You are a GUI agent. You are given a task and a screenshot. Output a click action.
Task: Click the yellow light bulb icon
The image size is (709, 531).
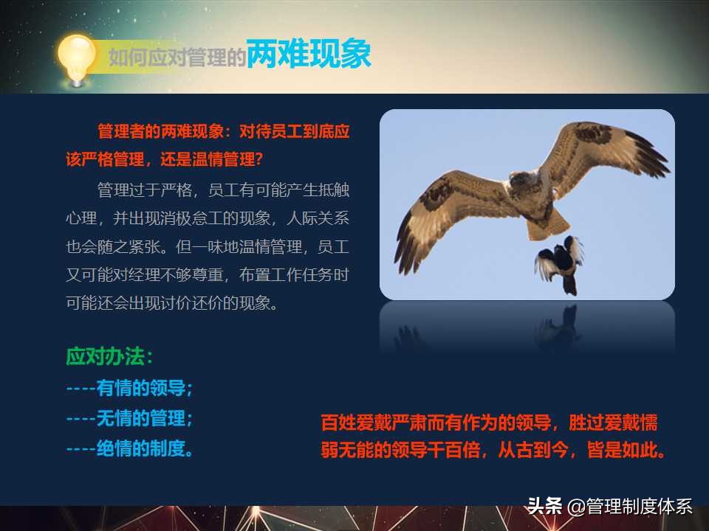(77, 58)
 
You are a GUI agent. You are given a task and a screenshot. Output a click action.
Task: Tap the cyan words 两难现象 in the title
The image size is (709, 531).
(309, 55)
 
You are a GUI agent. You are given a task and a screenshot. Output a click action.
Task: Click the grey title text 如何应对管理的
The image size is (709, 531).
(177, 58)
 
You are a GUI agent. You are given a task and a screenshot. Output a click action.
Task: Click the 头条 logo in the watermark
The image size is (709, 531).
(544, 507)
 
